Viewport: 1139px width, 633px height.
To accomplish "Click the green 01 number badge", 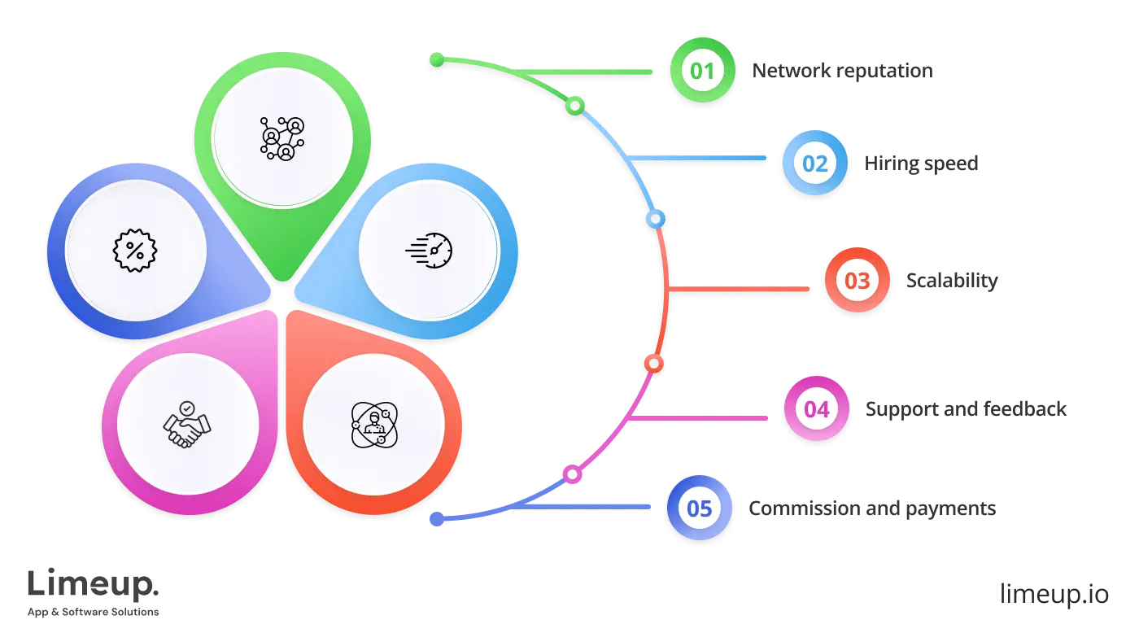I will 702,70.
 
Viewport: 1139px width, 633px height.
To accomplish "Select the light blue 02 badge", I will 814,164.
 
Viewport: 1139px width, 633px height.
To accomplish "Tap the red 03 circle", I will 858,282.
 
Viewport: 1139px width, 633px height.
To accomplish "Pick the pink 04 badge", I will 816,408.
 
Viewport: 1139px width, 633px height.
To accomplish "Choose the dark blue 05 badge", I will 700,509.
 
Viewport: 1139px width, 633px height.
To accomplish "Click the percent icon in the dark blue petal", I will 134,250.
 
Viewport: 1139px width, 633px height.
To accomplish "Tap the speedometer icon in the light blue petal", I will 429,250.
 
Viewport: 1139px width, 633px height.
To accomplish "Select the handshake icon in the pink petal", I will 187,425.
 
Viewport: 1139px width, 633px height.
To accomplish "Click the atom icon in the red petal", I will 373,424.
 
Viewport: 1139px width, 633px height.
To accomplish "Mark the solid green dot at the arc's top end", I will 437,59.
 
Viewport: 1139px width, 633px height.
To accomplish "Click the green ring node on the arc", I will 574,106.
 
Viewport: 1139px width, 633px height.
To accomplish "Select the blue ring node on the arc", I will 656,219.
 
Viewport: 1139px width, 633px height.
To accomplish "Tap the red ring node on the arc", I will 652,363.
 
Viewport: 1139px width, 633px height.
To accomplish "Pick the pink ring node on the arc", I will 573,474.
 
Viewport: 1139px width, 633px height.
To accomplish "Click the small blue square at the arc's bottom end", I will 436,518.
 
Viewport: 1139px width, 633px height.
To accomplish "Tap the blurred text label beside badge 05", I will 871,509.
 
